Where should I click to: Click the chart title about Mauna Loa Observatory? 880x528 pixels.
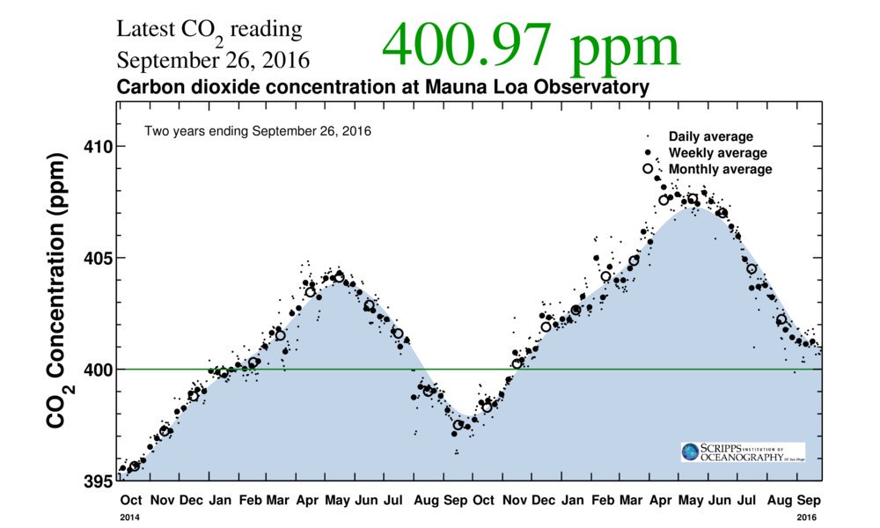[x=383, y=87]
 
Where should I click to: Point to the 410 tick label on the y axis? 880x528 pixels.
[x=99, y=147]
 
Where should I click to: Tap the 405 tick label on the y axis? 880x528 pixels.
[x=99, y=258]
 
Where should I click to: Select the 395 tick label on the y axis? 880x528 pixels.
[x=99, y=481]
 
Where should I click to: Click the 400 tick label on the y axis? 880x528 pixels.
[x=99, y=370]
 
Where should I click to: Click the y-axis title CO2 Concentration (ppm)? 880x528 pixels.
[x=58, y=290]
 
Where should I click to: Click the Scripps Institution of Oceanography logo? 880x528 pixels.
[x=743, y=451]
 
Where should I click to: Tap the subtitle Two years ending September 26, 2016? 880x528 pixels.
[x=258, y=131]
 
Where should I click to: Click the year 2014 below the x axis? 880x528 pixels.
[x=129, y=517]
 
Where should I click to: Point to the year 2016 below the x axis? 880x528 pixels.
[x=806, y=517]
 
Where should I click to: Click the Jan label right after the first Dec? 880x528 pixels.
[x=220, y=500]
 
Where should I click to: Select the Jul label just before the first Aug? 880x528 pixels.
[x=392, y=500]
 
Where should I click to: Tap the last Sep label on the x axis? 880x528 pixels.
[x=809, y=500]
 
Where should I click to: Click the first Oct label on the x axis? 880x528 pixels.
[x=131, y=500]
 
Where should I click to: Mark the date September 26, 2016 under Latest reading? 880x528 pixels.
[x=213, y=61]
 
